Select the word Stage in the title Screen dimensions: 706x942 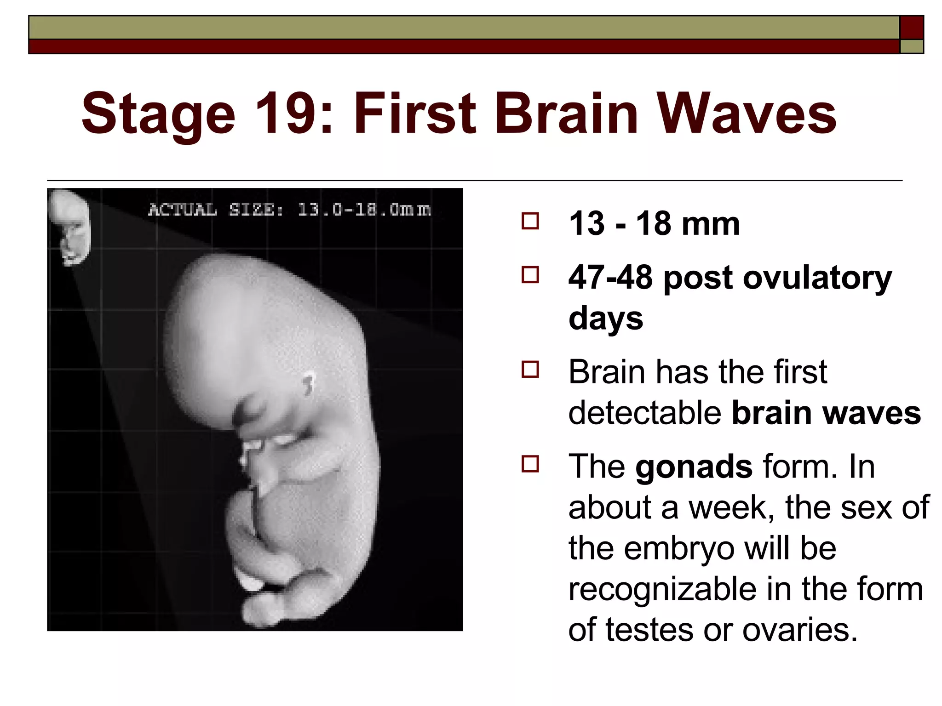coord(158,114)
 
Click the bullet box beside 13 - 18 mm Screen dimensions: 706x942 coord(530,222)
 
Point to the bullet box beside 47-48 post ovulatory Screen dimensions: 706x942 coord(530,275)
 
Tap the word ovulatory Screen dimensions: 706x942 coord(817,278)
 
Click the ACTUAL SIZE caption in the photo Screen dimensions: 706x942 coord(289,210)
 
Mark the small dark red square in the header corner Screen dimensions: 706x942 coord(912,27)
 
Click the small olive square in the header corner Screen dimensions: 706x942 coord(912,47)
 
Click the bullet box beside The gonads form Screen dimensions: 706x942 coord(530,464)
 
